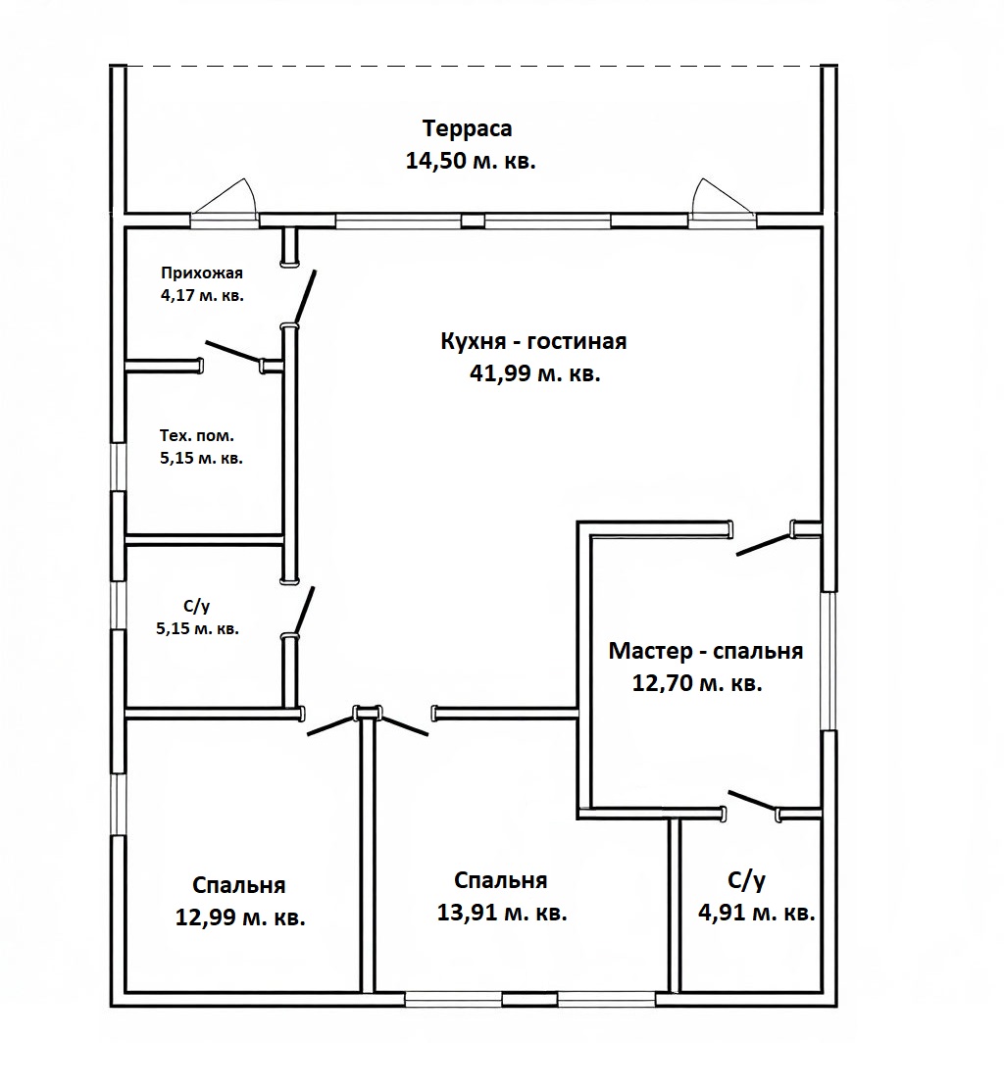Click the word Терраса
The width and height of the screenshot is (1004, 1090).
468,129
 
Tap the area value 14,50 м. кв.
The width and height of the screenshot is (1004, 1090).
471,162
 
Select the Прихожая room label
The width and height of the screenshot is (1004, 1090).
202,273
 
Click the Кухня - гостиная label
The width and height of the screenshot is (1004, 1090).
533,341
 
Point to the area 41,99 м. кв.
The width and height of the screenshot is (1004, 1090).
534,374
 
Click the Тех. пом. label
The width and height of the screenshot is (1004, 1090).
197,436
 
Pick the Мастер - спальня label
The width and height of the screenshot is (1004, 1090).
706,652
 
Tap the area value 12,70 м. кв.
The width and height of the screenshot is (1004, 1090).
697,683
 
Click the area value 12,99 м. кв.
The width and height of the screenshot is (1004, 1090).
240,917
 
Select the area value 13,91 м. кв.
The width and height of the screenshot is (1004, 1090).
502,912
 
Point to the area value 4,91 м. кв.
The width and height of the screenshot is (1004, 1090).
757,912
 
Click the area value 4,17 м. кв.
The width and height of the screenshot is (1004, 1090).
202,295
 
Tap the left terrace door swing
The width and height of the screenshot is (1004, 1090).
225,196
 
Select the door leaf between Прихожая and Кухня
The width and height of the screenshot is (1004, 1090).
305,298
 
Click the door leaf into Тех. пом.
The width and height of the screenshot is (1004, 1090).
233,352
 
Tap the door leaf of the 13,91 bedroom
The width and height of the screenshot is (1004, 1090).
403,723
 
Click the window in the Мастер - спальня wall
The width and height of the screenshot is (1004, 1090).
829,661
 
